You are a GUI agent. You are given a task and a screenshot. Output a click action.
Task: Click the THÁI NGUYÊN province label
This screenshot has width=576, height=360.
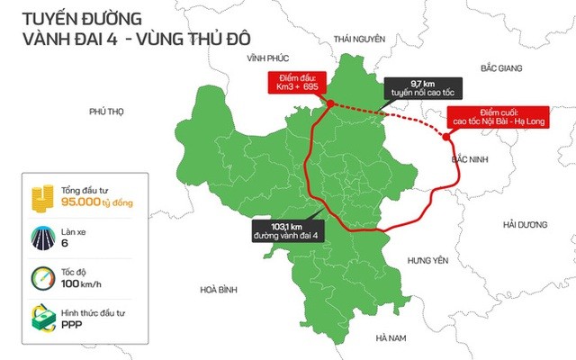[x=358, y=39]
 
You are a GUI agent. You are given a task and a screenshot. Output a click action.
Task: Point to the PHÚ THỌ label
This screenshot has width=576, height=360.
[x=105, y=112]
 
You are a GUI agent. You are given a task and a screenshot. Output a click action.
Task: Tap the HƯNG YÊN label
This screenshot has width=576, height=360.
[x=427, y=260]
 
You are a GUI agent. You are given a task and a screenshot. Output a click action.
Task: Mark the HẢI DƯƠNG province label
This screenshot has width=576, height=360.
[x=526, y=223]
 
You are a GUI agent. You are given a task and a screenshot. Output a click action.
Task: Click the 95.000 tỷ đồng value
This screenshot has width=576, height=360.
[x=97, y=203]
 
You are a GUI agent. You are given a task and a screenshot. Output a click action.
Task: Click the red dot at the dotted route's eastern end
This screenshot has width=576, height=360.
[x=447, y=137]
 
